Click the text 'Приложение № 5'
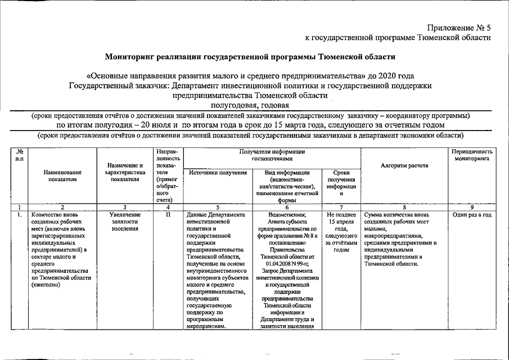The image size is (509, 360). click(458, 27)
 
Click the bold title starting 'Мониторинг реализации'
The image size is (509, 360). click(250, 57)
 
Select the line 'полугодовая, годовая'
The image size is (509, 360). click(250, 105)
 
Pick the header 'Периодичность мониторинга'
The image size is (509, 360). click(472, 155)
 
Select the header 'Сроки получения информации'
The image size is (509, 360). click(341, 183)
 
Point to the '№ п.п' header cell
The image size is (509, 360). click(20, 155)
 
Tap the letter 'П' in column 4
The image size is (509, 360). click(168, 215)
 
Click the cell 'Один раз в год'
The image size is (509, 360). click(472, 215)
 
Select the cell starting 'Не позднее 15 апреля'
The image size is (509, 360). click(341, 232)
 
